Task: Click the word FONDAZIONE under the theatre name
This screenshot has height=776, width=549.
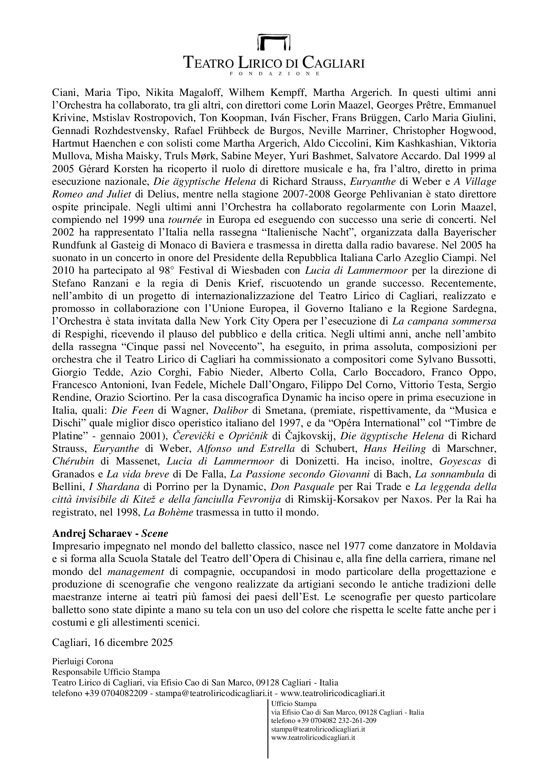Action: [274, 73]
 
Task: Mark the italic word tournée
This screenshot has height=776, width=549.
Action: [185, 220]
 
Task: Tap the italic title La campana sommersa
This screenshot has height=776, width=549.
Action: [444, 321]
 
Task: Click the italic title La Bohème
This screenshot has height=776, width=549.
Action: [168, 512]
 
